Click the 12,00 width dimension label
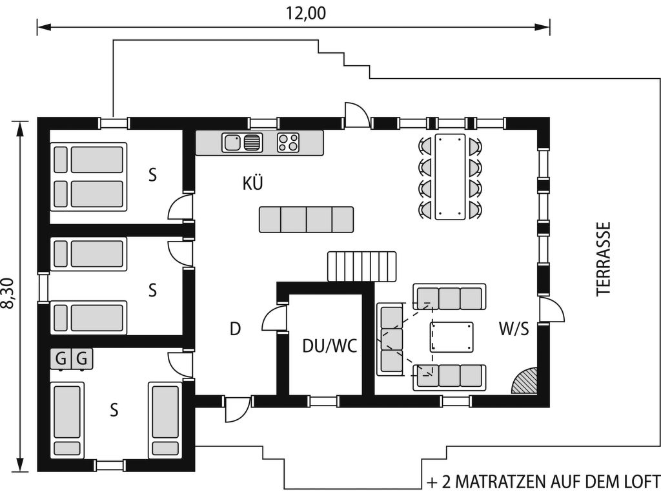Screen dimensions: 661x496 pyautogui.click(x=305, y=13)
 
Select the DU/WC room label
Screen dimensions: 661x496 pyautogui.click(x=330, y=346)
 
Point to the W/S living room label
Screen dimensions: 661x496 pyautogui.click(x=514, y=328)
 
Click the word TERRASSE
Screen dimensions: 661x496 pyautogui.click(x=604, y=259)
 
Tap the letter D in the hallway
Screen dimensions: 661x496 pyautogui.click(x=235, y=329)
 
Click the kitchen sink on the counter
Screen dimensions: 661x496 pyautogui.click(x=242, y=143)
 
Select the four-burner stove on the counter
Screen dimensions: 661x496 pyautogui.click(x=289, y=143)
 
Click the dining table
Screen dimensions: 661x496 pyautogui.click(x=450, y=177)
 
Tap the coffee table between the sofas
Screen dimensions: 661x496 pyautogui.click(x=451, y=337)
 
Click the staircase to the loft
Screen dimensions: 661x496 pyautogui.click(x=362, y=266)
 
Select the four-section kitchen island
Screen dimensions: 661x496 pyautogui.click(x=306, y=220)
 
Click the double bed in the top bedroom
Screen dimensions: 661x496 pyautogui.click(x=88, y=176)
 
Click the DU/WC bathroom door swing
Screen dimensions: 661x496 pyautogui.click(x=274, y=319)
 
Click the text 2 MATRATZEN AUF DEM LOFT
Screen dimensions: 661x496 pyautogui.click(x=551, y=480)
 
